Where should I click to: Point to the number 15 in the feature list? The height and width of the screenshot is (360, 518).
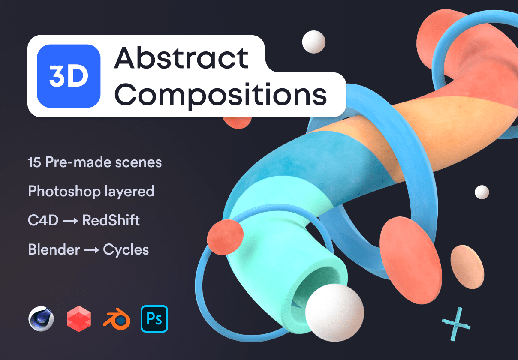pyautogui.click(x=34, y=163)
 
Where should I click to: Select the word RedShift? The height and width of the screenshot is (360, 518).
pyautogui.click(x=111, y=220)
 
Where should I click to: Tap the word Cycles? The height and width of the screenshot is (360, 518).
pyautogui.click(x=126, y=249)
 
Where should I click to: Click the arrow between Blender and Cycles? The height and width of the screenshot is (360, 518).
pyautogui.click(x=91, y=250)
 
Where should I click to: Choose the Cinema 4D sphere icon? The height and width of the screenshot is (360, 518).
pyautogui.click(x=41, y=319)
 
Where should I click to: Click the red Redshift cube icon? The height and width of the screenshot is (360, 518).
pyautogui.click(x=79, y=319)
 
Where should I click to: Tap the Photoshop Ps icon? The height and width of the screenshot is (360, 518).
pyautogui.click(x=154, y=318)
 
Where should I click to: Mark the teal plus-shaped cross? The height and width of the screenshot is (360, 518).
pyautogui.click(x=456, y=324)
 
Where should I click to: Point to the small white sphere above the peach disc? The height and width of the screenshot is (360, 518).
pyautogui.click(x=482, y=192)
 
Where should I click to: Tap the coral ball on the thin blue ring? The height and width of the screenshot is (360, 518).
pyautogui.click(x=225, y=237)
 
